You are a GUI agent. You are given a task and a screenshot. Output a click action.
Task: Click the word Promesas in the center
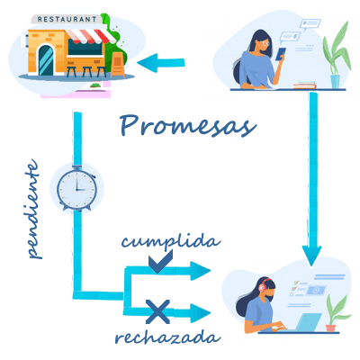188,127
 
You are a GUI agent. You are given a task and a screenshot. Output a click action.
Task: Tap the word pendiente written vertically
33,209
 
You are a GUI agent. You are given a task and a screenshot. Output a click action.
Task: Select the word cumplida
171,242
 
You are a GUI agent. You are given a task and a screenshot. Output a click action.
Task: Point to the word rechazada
168,337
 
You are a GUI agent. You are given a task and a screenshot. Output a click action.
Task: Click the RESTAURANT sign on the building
67,20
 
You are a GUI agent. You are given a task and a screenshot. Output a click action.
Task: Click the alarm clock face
76,189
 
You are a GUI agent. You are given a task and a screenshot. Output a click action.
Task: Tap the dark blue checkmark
161,262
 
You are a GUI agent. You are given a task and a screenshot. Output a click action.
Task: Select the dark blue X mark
157,312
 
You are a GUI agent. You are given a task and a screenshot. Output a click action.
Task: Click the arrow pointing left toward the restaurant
161,63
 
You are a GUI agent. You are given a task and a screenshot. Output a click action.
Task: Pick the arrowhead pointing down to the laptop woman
311,256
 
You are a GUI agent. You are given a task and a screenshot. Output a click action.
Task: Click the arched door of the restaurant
46,60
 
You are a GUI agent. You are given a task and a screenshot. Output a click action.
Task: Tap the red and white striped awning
91,36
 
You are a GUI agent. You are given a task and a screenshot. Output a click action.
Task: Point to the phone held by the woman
281,54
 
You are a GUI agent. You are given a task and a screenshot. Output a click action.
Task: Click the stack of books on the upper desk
305,85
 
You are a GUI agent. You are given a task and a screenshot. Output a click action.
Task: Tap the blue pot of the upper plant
335,82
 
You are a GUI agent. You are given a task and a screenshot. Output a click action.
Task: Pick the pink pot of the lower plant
330,328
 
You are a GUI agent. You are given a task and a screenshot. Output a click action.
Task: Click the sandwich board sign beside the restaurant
118,64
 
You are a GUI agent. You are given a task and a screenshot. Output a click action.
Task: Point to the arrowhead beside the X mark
201,313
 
